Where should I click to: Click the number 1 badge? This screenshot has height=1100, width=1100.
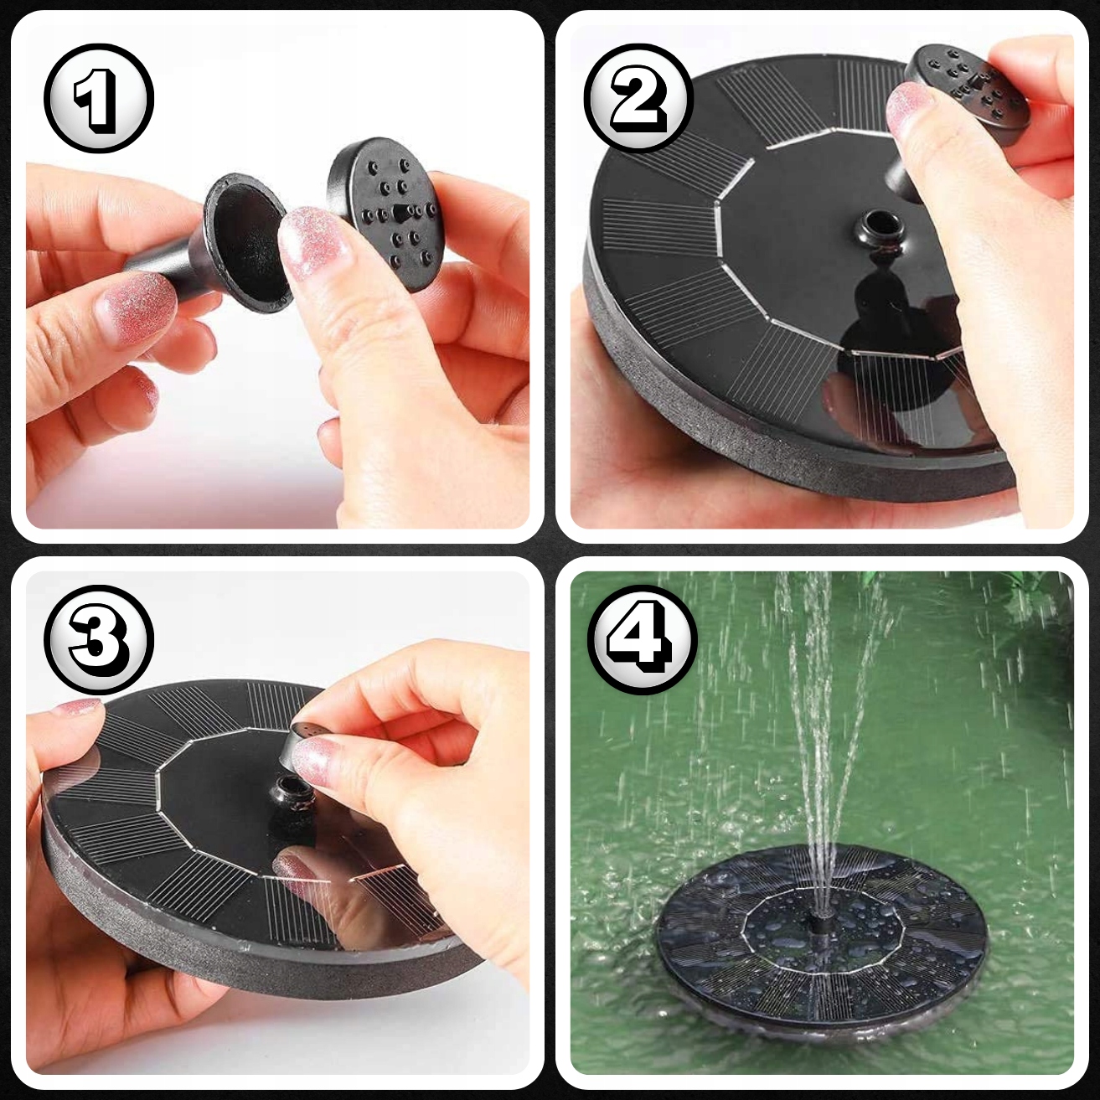(x=99, y=98)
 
